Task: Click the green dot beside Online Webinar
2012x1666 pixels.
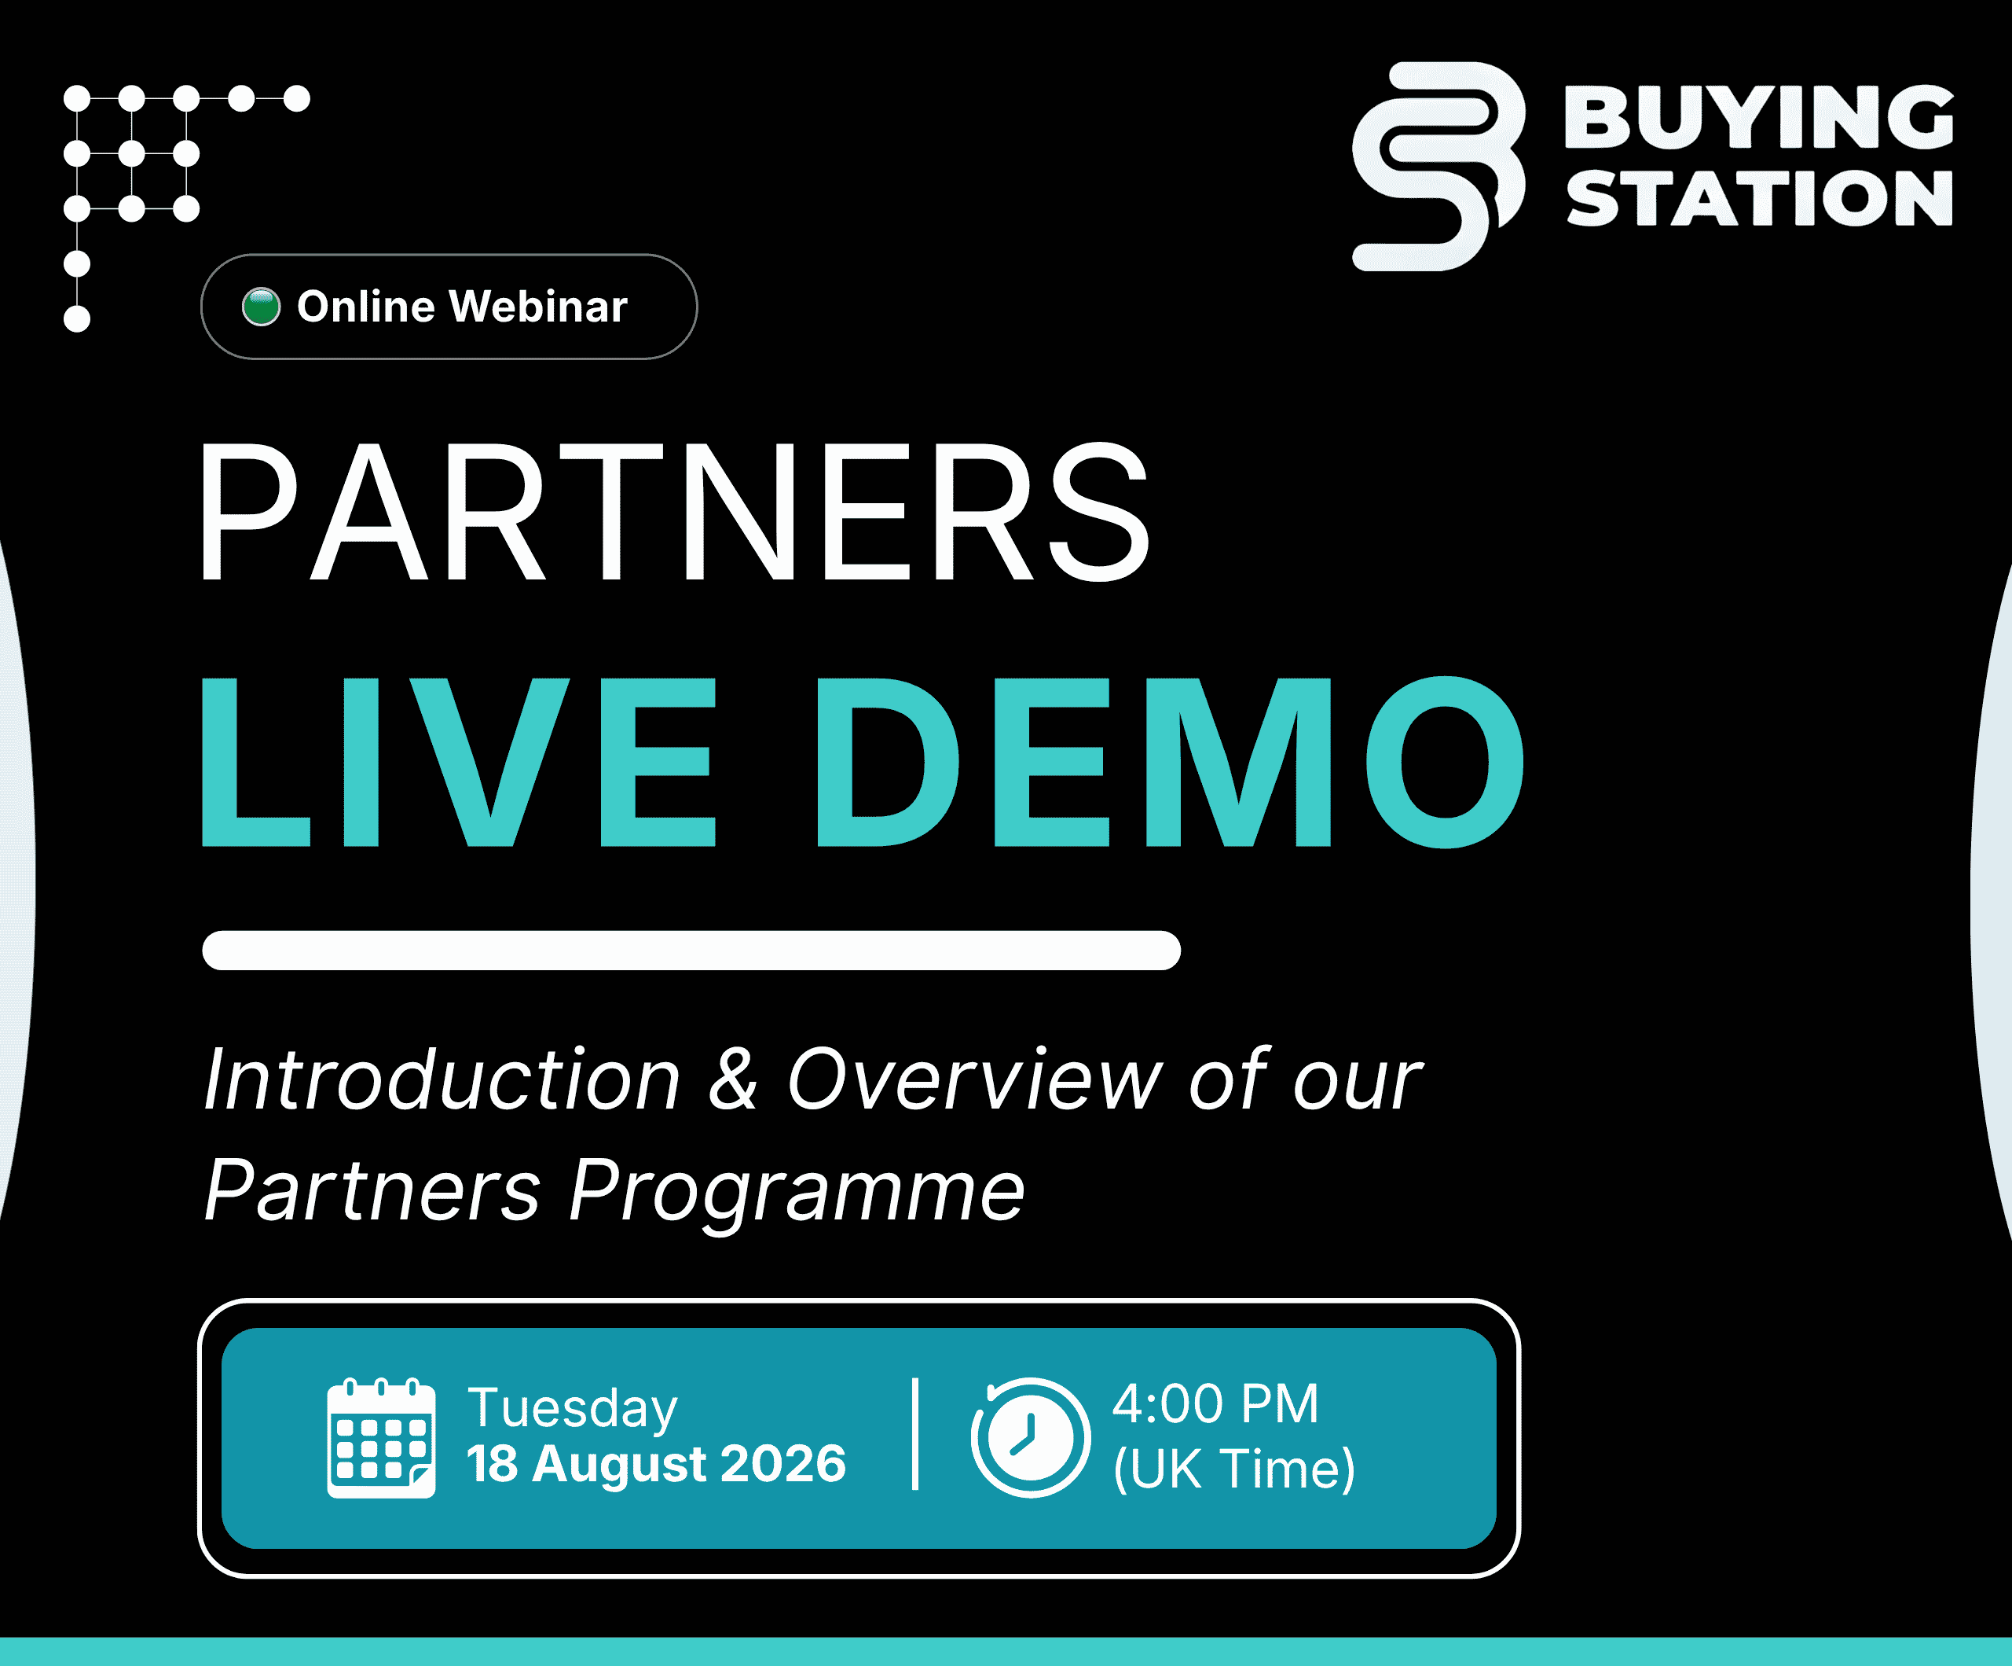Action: pyautogui.click(x=261, y=307)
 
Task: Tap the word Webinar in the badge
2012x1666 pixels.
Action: pyautogui.click(x=538, y=307)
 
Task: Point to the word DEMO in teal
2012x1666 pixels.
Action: pyautogui.click(x=1170, y=762)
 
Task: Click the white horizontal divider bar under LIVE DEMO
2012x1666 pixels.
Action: pyautogui.click(x=691, y=950)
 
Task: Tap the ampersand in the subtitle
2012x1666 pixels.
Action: pyautogui.click(x=733, y=1079)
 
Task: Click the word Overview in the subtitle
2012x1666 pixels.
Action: pyautogui.click(x=974, y=1079)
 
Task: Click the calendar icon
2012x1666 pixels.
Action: pyautogui.click(x=381, y=1438)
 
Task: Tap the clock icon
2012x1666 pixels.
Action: pyautogui.click(x=1030, y=1438)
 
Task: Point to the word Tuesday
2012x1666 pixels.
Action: pyautogui.click(x=572, y=1409)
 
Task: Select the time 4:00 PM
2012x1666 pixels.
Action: pyautogui.click(x=1215, y=1404)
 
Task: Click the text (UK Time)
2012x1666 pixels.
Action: pyautogui.click(x=1234, y=1469)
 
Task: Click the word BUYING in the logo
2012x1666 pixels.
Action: pyautogui.click(x=1758, y=117)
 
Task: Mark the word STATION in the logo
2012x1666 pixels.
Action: pyautogui.click(x=1758, y=198)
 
